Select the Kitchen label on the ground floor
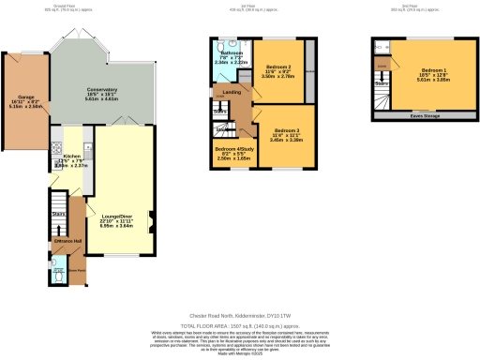tap(68, 160)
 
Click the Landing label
tap(231, 91)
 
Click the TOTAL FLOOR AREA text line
tap(239, 325)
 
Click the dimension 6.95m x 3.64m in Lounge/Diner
tap(117, 226)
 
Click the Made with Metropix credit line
tap(239, 354)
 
